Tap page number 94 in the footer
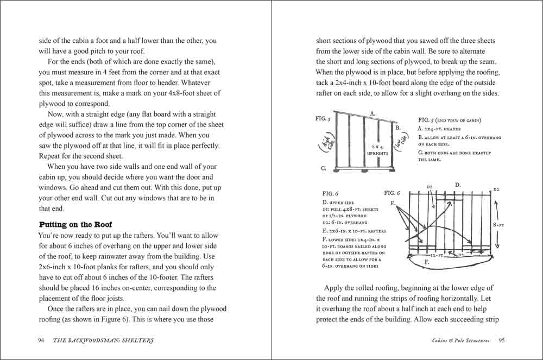point(41,340)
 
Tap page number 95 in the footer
point(501,340)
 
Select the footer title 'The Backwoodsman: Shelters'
point(103,340)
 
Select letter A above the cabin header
point(372,113)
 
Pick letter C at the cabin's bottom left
point(323,168)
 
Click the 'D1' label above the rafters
point(429,187)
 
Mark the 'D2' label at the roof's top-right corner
point(496,189)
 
